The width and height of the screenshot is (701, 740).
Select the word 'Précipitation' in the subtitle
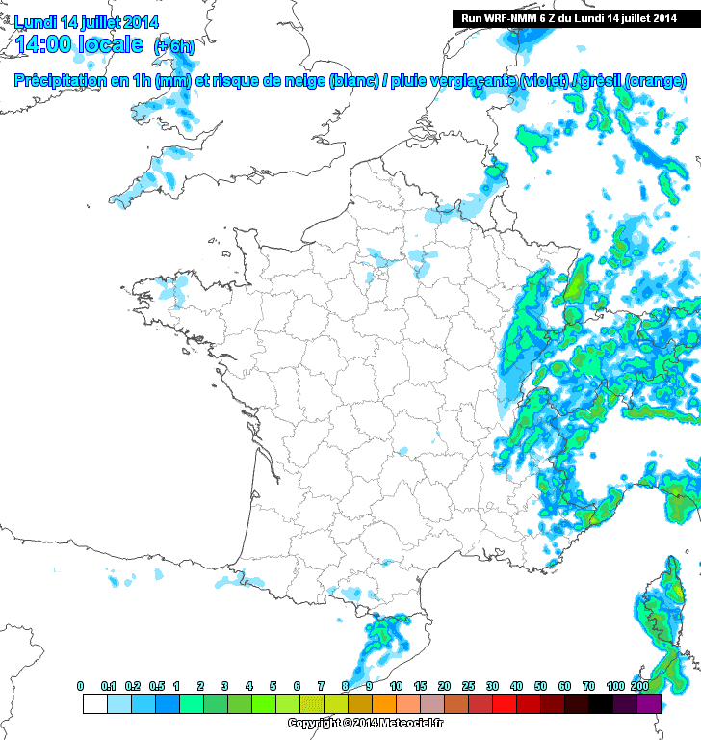coord(61,81)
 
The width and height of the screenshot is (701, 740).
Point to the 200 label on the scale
coord(638,685)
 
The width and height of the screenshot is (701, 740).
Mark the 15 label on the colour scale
coord(420,685)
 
